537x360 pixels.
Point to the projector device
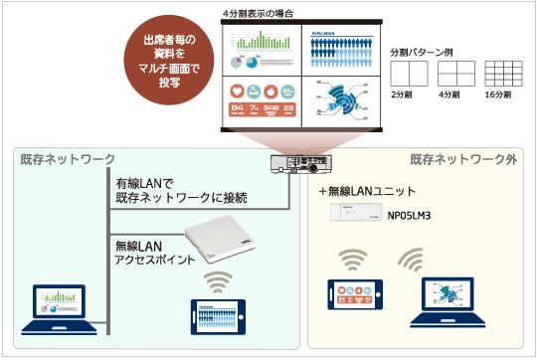[299, 165]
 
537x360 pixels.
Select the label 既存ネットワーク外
[464, 159]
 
